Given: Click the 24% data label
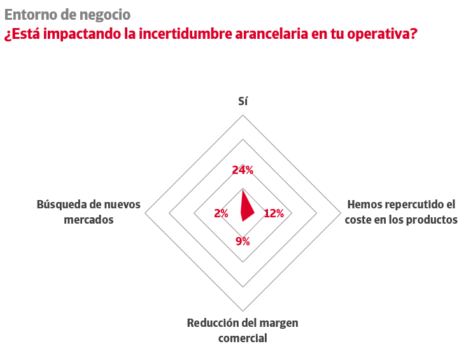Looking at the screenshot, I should [243, 170].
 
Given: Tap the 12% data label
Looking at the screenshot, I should [274, 213].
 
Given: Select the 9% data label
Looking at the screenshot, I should [243, 241].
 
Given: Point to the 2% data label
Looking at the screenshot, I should [221, 213].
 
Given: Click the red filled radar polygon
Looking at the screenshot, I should [245, 207].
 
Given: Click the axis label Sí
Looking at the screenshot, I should [243, 101].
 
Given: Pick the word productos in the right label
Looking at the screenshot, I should [434, 220].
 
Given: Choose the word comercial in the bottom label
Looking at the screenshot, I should [243, 338].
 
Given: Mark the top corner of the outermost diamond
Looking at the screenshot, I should [243, 115].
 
